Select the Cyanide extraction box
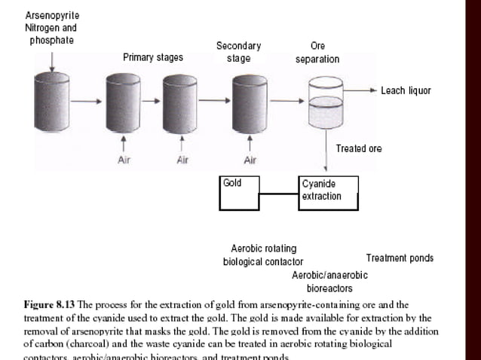pos(328,193)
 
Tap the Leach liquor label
pos(406,90)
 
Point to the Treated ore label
pos(358,148)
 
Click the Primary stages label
pos(153,57)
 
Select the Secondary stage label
pos(238,52)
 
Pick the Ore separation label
pos(317,52)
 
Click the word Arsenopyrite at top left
pos(52,15)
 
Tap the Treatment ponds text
pos(400,258)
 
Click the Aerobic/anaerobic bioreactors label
pos(329,282)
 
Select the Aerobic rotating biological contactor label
pos(263,255)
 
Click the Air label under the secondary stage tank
pos(250,160)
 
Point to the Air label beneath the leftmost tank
pos(124,160)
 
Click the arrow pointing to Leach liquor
pos(362,90)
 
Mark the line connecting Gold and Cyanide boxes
pos(279,194)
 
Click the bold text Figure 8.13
pos(49,305)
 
